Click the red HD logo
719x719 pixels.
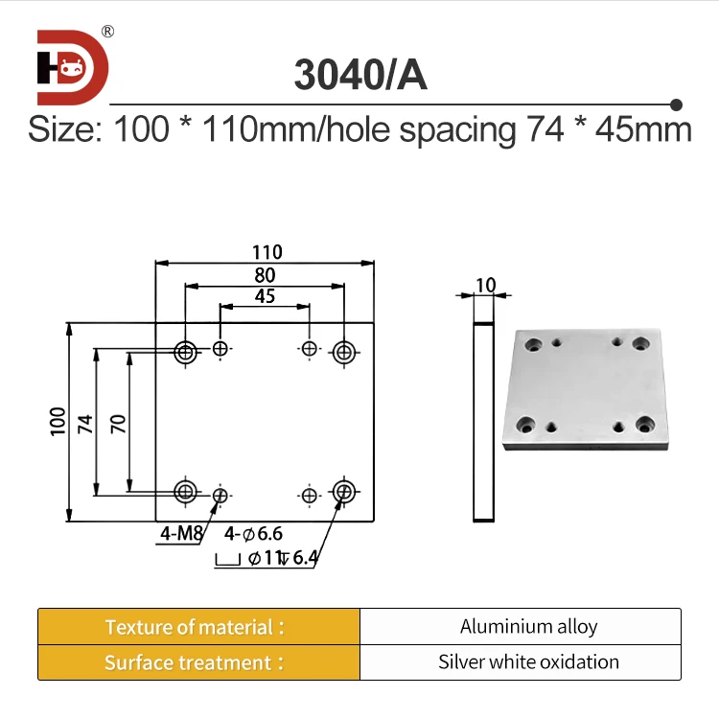click(73, 67)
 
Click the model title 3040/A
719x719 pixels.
click(359, 76)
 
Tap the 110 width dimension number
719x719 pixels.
click(267, 252)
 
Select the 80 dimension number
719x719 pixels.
click(266, 275)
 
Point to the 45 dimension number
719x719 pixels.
click(266, 296)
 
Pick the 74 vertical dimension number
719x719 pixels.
click(84, 423)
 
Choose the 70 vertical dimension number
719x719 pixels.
click(118, 423)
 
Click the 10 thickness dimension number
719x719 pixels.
click(485, 285)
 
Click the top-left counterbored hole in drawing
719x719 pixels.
click(185, 352)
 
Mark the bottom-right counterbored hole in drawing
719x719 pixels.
click(344, 493)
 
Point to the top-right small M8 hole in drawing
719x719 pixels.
click(309, 349)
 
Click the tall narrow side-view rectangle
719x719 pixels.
click(485, 422)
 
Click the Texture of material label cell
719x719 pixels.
click(198, 627)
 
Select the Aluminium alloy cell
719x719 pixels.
click(528, 627)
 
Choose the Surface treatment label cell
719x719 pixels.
click(198, 662)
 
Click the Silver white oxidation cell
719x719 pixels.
click(528, 662)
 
